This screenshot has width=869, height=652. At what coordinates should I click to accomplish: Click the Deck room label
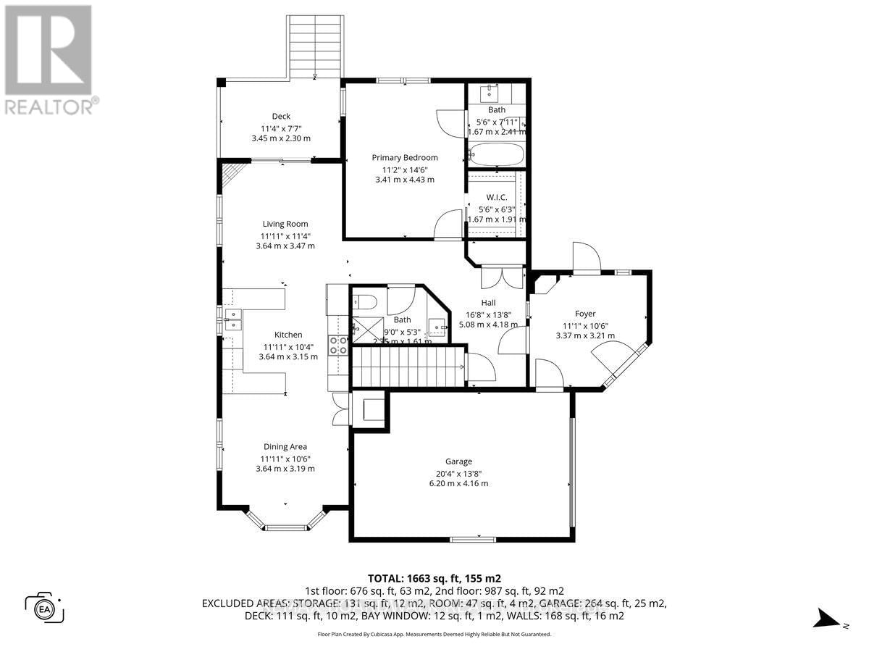(x=281, y=116)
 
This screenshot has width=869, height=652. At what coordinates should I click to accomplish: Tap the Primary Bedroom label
(x=405, y=157)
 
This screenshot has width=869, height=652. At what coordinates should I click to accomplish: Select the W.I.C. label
(x=497, y=197)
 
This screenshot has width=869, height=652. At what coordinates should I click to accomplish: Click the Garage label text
(x=458, y=461)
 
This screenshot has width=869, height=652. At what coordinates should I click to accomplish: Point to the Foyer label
(x=585, y=314)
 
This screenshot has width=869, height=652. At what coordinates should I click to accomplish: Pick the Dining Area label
(x=285, y=447)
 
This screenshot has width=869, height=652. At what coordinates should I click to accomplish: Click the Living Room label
(x=285, y=224)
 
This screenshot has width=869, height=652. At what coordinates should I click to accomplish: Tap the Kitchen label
(x=288, y=335)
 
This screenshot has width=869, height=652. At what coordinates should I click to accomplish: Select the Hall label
(x=488, y=303)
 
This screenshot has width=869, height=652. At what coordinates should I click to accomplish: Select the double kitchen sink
(x=232, y=319)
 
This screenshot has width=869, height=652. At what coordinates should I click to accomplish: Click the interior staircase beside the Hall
(x=408, y=367)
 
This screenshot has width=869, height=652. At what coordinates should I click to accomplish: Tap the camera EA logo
(x=45, y=606)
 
